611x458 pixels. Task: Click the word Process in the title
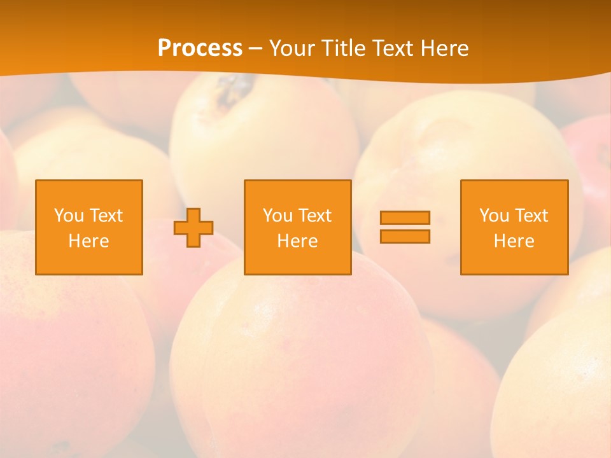pyautogui.click(x=200, y=48)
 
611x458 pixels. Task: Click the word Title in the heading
pyautogui.click(x=344, y=48)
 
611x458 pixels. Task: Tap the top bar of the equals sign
pyautogui.click(x=405, y=218)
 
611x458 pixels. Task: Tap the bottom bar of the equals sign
pyautogui.click(x=405, y=236)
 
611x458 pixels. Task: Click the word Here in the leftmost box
pyautogui.click(x=89, y=241)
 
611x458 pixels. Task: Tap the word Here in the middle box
pyautogui.click(x=297, y=241)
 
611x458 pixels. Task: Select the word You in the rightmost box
pyautogui.click(x=494, y=216)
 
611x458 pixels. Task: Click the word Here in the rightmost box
pyautogui.click(x=514, y=241)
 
